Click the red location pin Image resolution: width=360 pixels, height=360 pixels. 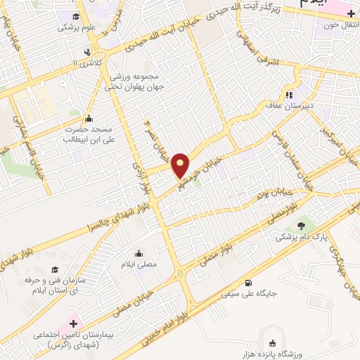[x=181, y=165]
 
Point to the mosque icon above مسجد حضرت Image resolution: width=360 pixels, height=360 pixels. [x=88, y=118]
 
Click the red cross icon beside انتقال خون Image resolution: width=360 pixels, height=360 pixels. [x=350, y=14]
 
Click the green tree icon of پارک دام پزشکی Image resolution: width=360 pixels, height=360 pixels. [x=302, y=226]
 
